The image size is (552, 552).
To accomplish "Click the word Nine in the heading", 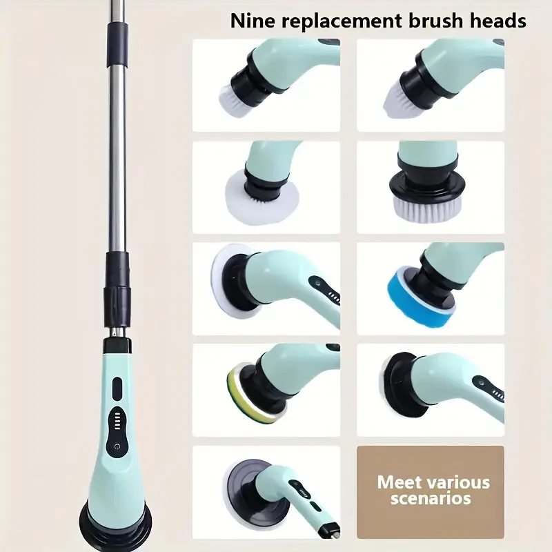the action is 253,21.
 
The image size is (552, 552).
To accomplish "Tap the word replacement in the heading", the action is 342,22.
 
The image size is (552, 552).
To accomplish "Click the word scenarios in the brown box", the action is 431,498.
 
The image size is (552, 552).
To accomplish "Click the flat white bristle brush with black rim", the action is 426,205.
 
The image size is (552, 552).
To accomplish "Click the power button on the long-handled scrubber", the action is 117,446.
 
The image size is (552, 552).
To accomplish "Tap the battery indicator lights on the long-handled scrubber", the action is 117,420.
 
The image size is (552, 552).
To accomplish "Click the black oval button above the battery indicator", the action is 117,389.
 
